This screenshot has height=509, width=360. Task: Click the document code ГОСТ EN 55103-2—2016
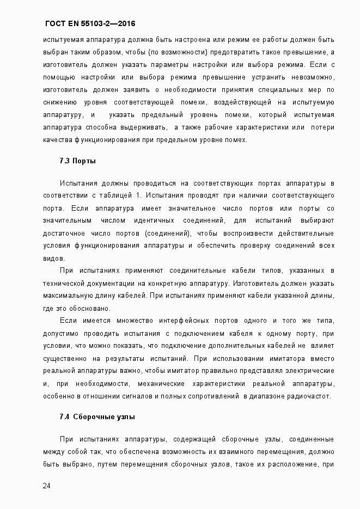pos(90,24)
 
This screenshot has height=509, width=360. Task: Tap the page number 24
pos(47,486)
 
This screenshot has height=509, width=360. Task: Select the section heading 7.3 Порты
pos(78,161)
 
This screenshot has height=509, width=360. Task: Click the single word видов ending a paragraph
pos(53,258)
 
